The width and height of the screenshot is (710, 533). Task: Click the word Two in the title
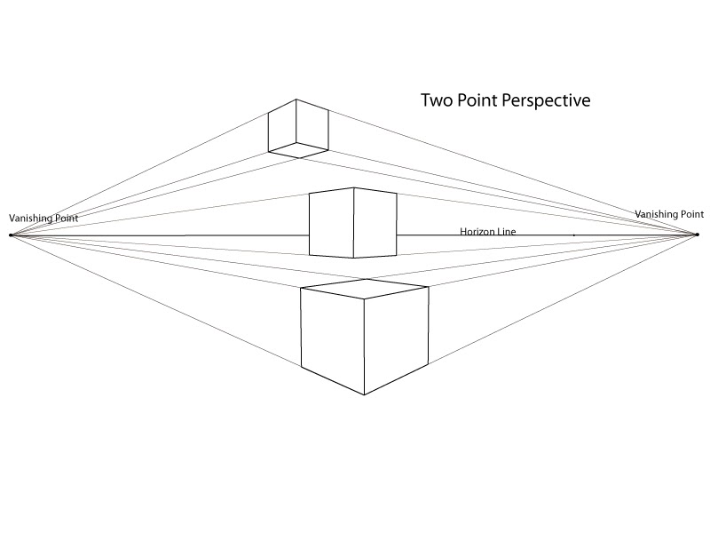(x=437, y=101)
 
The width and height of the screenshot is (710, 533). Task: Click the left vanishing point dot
(x=11, y=235)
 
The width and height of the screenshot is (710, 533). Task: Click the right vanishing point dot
(x=698, y=235)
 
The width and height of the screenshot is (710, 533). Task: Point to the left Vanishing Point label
(x=43, y=218)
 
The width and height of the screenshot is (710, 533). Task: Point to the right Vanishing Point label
(x=669, y=214)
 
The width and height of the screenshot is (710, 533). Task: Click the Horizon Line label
(x=488, y=232)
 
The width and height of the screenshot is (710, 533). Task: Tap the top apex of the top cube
(x=296, y=99)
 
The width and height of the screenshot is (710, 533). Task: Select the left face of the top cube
(x=283, y=126)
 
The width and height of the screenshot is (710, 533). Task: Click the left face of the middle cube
(x=331, y=224)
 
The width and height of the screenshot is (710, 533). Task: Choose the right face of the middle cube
(x=375, y=223)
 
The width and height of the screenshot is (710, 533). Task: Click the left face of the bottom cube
(x=333, y=338)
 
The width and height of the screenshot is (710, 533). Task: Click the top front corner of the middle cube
(x=354, y=187)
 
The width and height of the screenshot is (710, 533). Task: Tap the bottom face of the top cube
(x=299, y=151)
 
